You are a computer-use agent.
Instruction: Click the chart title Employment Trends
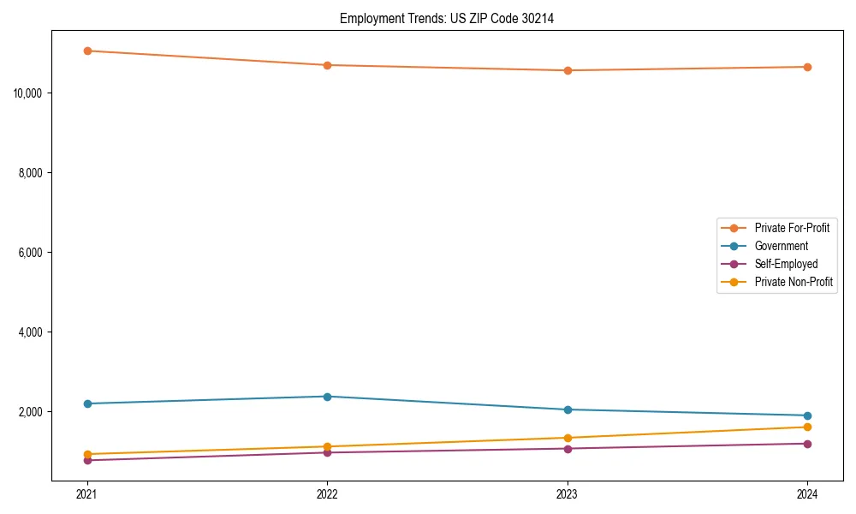pyautogui.click(x=446, y=18)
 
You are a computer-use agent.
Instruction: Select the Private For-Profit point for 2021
pyautogui.click(x=87, y=51)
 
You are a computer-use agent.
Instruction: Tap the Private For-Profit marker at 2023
pyautogui.click(x=568, y=70)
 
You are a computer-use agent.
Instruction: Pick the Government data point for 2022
pyautogui.click(x=327, y=397)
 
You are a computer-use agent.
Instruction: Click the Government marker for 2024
pyautogui.click(x=807, y=415)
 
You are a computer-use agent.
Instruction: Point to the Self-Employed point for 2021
pyautogui.click(x=87, y=460)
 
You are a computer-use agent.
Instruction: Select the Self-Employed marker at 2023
pyautogui.click(x=568, y=448)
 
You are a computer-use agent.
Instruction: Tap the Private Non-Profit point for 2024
pyautogui.click(x=807, y=427)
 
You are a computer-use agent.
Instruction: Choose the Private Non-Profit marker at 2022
pyautogui.click(x=327, y=446)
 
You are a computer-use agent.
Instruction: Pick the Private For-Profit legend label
pyautogui.click(x=792, y=228)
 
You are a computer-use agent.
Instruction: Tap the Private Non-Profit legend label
pyautogui.click(x=794, y=282)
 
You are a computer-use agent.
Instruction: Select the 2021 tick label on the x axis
pyautogui.click(x=87, y=494)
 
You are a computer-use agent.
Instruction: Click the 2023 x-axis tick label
pyautogui.click(x=568, y=494)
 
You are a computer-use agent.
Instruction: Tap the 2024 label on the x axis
pyautogui.click(x=807, y=494)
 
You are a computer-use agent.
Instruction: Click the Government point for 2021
pyautogui.click(x=87, y=403)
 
